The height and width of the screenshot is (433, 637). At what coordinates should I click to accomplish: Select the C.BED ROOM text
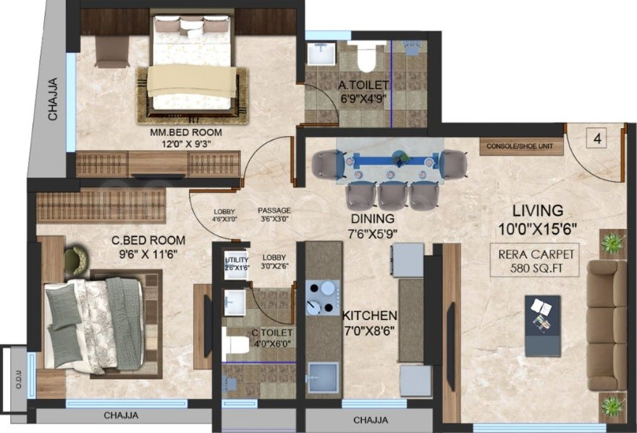click(x=148, y=240)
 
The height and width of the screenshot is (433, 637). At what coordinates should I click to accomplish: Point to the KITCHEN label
click(x=369, y=316)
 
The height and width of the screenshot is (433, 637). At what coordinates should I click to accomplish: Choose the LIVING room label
click(x=537, y=211)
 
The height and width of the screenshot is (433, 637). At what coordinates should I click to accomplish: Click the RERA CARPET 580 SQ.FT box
click(x=537, y=261)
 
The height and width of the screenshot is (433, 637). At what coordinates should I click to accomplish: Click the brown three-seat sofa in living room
click(x=606, y=325)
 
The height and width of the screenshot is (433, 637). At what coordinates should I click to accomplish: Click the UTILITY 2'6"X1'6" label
click(x=236, y=263)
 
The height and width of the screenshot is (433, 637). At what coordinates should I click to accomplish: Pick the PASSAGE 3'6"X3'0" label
click(x=274, y=214)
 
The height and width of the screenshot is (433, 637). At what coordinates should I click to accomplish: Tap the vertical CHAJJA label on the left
click(x=53, y=100)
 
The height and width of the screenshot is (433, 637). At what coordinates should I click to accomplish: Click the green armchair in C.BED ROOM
click(x=75, y=258)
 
